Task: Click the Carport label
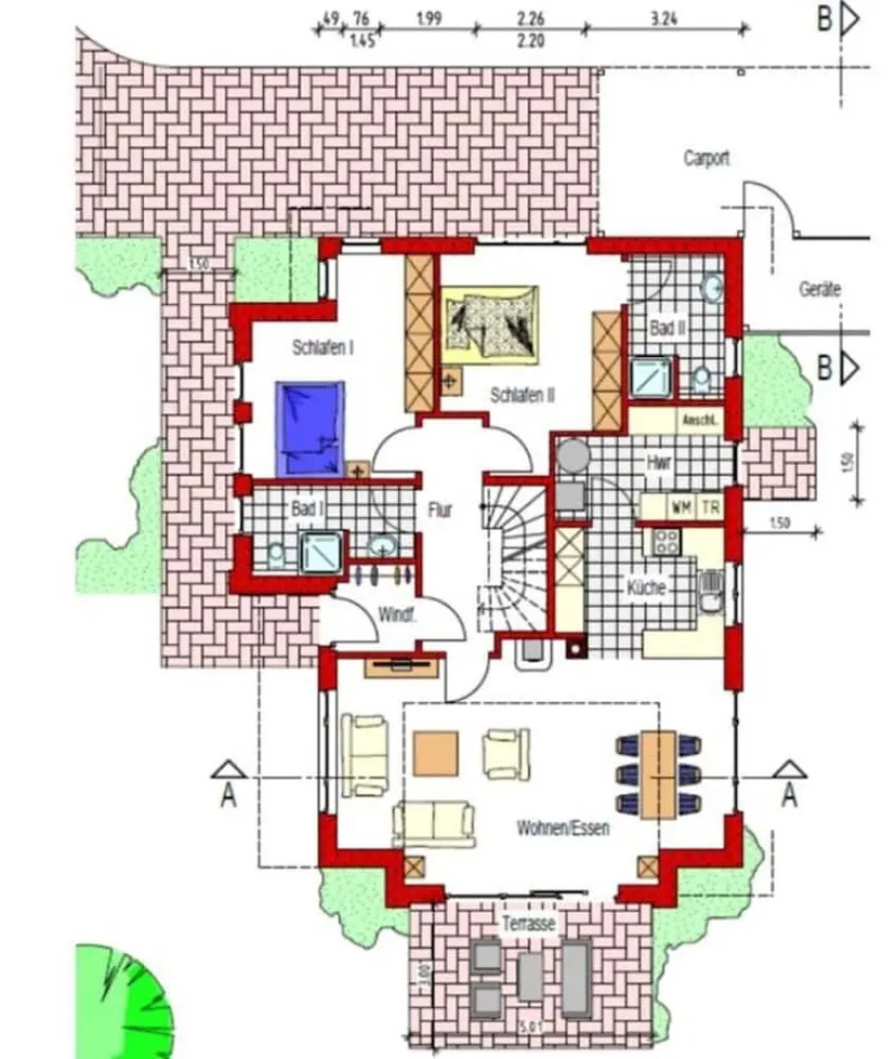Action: pos(707,158)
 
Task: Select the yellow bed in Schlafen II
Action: pos(490,321)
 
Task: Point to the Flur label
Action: pos(440,510)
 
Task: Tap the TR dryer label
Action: pos(710,508)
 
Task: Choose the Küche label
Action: pos(646,588)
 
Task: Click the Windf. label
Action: pos(397,616)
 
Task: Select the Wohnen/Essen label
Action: pos(563,829)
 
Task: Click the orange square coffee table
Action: pos(435,753)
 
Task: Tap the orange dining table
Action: pos(658,774)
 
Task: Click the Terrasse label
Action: pos(529,924)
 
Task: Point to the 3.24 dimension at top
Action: pos(664,19)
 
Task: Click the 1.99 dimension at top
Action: pos(426,19)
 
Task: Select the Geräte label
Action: pos(820,290)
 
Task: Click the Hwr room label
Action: pos(658,462)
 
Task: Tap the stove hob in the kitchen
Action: pos(667,542)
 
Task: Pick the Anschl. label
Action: pos(702,421)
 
